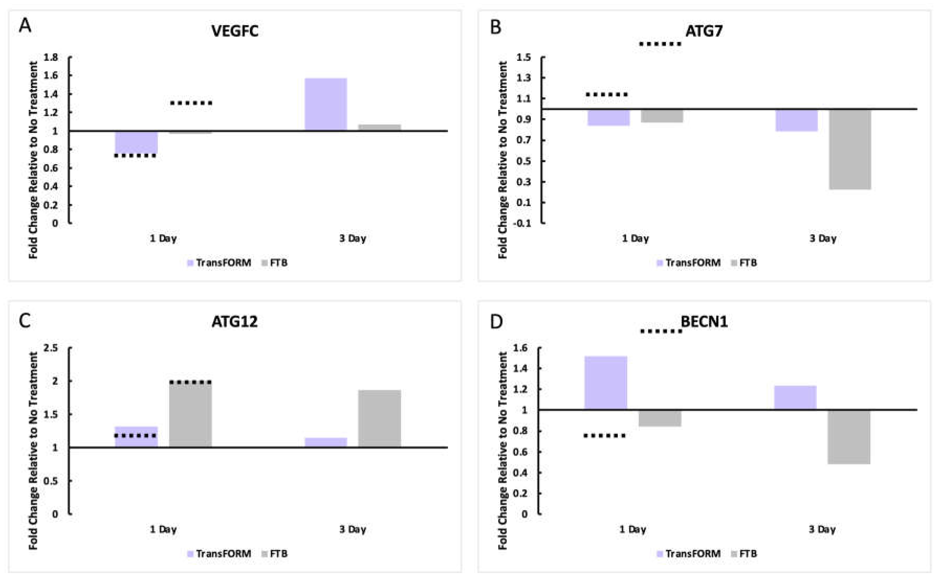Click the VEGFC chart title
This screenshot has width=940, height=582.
235,31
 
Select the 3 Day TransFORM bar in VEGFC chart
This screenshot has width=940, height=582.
326,104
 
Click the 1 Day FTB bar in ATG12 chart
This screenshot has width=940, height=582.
190,415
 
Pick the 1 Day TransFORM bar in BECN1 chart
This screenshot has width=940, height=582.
605,383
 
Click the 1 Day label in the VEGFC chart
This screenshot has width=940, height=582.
163,239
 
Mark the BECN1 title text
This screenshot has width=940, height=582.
704,321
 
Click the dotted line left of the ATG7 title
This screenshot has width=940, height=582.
660,44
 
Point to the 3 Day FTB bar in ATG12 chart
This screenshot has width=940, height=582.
379,419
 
